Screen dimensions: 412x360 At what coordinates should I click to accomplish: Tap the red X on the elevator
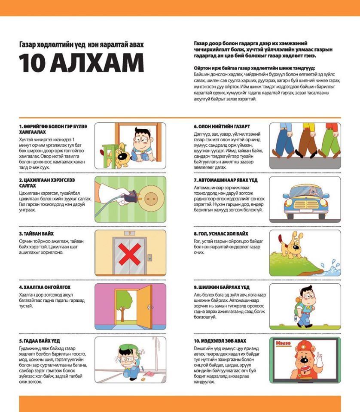(x=129, y=255)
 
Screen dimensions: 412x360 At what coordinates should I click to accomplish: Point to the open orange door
(x=145, y=306)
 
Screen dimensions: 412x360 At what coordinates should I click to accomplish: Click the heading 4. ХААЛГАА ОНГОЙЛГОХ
(x=45, y=287)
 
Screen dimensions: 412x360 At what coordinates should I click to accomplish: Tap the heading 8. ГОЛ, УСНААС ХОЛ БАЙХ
(x=221, y=233)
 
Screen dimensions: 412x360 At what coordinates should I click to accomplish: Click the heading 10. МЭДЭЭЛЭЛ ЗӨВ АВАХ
(x=220, y=340)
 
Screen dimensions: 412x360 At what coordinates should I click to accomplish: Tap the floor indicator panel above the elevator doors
(x=129, y=233)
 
